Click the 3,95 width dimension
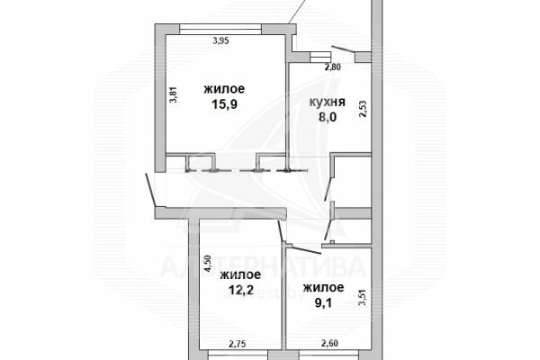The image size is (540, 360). click(x=221, y=41)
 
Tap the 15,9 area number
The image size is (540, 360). click(x=224, y=104)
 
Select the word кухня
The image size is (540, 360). click(x=328, y=103)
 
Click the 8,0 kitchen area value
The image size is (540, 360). click(x=328, y=117)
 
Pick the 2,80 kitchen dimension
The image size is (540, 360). click(x=333, y=67)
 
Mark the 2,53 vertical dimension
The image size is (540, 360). click(x=363, y=109)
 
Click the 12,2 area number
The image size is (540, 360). click(x=240, y=290)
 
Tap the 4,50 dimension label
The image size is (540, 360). click(x=207, y=264)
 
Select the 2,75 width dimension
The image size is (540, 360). click(x=238, y=344)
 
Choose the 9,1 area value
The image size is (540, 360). click(x=324, y=303)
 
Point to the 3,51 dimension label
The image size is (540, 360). click(x=363, y=298)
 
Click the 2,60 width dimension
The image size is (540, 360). click(x=329, y=343)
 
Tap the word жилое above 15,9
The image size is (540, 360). click(x=224, y=89)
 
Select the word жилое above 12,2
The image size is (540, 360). click(x=240, y=274)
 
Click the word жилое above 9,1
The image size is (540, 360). click(x=323, y=287)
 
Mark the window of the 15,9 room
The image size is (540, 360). click(x=220, y=30)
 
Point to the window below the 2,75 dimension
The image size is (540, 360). click(x=238, y=355)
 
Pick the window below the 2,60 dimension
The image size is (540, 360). click(x=328, y=355)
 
